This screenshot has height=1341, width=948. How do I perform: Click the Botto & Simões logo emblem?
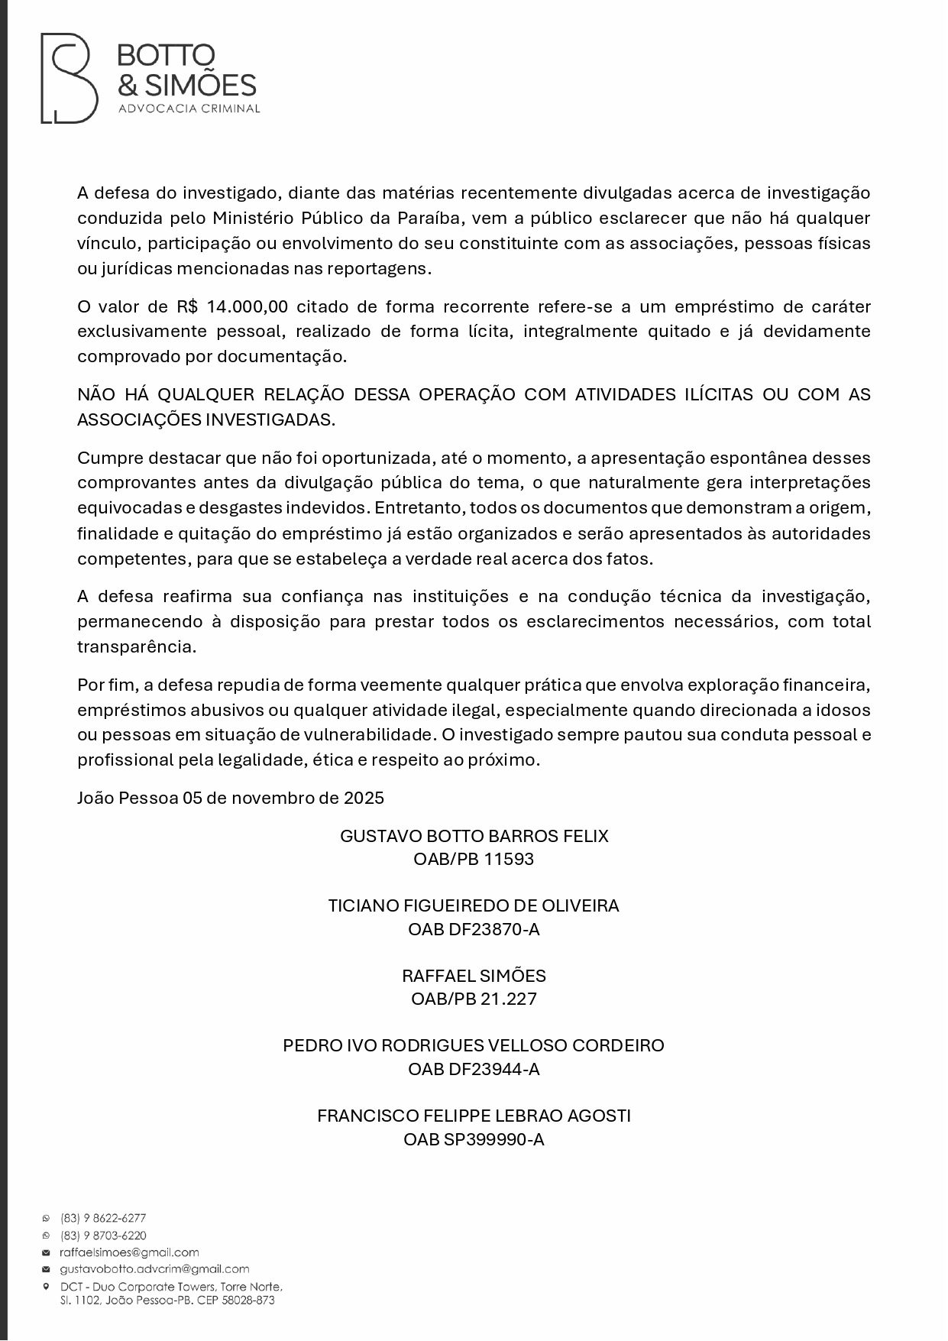pos(69,78)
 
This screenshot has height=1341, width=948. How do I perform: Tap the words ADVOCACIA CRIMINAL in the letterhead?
pos(189,109)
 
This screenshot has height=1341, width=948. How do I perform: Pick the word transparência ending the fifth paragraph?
pos(137,646)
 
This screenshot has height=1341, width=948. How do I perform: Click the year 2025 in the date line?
pos(364,798)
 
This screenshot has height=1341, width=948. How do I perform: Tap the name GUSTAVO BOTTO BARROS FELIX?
pos(474,836)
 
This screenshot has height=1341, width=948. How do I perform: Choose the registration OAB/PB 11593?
pos(474,860)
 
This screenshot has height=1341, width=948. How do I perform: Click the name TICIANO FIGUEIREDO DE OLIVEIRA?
pos(474,906)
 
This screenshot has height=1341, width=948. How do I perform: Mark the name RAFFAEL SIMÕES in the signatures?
pos(474,976)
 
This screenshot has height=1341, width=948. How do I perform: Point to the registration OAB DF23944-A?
pos(474,1069)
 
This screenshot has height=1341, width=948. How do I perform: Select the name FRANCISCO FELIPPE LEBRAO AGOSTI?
pos(474,1116)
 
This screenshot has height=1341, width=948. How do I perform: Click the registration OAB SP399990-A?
pos(474,1139)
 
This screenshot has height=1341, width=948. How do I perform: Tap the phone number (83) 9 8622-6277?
pos(103,1219)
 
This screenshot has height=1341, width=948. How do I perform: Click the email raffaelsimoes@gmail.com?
pos(129,1252)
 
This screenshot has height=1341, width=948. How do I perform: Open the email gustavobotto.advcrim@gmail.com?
pos(154,1269)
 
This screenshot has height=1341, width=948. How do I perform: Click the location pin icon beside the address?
pos(46,1286)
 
